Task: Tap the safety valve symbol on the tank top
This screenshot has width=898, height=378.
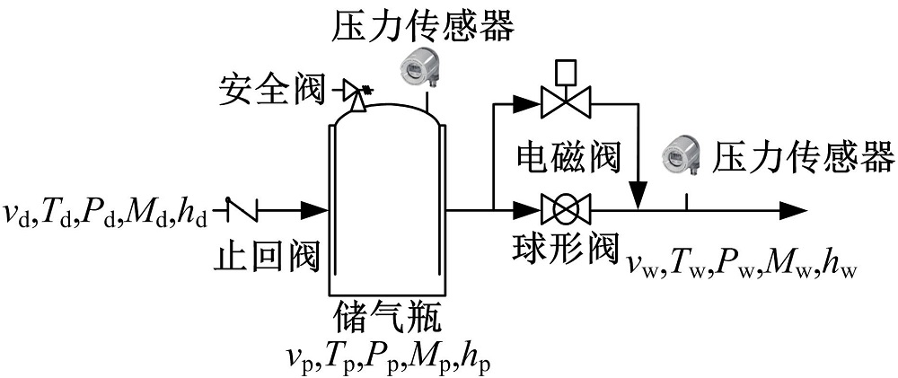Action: click(x=357, y=93)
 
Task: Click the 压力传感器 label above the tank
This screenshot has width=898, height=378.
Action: click(x=423, y=27)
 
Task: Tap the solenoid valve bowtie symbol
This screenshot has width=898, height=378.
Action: click(x=565, y=105)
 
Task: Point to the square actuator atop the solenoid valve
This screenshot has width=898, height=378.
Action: click(x=565, y=70)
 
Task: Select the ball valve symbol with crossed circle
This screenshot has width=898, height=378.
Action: click(x=565, y=211)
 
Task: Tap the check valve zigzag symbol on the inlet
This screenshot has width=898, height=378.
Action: click(x=242, y=211)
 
